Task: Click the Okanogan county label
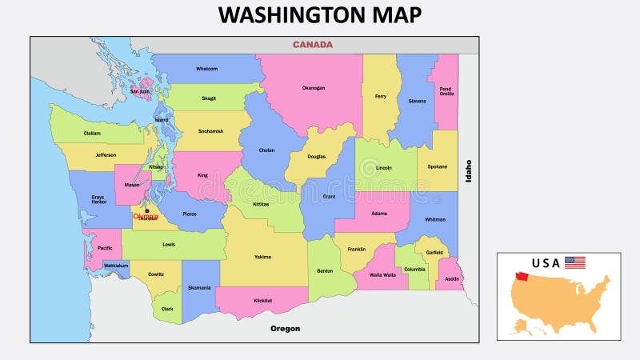[x=313, y=88]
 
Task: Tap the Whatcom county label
[x=206, y=69]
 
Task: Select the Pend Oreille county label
[x=446, y=90]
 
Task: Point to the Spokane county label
[x=437, y=166]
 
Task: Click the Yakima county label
[x=262, y=257]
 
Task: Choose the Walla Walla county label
[x=382, y=275]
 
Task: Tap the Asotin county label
[x=452, y=278]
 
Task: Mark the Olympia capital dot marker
[x=146, y=211]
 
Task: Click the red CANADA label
[x=312, y=45]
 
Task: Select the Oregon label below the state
[x=285, y=328]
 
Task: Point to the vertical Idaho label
[x=469, y=171]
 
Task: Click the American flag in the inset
[x=574, y=262]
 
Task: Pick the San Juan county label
[x=139, y=91]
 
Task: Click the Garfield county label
[x=434, y=252]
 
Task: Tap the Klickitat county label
[x=262, y=300]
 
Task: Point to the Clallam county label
[x=92, y=134]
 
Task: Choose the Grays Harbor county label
[x=98, y=198]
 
